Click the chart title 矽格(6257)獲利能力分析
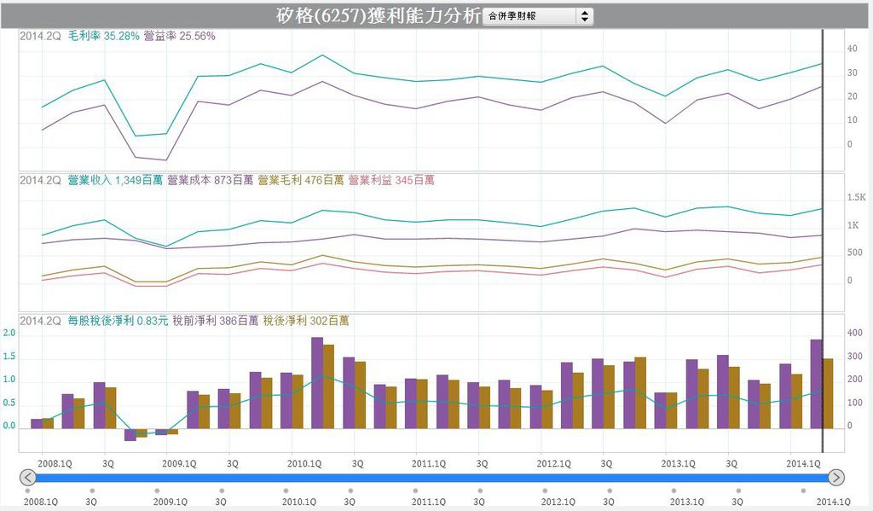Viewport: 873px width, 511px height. click(379, 15)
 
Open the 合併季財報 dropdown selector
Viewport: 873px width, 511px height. click(537, 16)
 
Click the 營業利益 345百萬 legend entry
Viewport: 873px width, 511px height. click(390, 180)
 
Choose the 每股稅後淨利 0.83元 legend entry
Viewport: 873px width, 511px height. click(118, 321)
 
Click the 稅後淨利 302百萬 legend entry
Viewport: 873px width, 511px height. click(306, 321)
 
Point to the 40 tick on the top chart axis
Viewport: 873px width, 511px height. click(852, 49)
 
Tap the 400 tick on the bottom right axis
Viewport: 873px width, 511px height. click(853, 333)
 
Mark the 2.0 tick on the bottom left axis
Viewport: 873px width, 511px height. click(9, 333)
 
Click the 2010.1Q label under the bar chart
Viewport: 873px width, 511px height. click(304, 463)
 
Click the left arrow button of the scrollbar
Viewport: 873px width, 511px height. click(27, 478)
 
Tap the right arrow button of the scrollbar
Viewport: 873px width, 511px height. click(836, 478)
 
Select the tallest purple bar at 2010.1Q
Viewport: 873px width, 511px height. click(316, 383)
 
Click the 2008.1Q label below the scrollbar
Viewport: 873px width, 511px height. click(40, 502)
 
